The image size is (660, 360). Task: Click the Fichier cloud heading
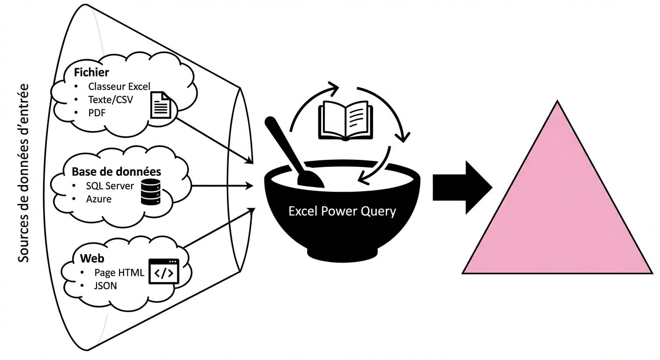(x=91, y=72)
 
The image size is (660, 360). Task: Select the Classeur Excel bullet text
(x=119, y=87)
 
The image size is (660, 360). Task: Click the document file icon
(x=160, y=105)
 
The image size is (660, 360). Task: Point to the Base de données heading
(x=116, y=171)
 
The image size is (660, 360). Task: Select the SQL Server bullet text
(x=110, y=186)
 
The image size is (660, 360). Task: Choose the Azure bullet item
(x=98, y=199)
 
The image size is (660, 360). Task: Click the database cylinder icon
(x=150, y=192)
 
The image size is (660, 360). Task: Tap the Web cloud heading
(x=92, y=258)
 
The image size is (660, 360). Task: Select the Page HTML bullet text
(x=119, y=273)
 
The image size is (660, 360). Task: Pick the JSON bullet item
(x=105, y=285)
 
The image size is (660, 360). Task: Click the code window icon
(x=164, y=271)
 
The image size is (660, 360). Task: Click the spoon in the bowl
(x=293, y=152)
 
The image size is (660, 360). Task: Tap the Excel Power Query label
(x=342, y=211)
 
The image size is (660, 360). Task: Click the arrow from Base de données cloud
(x=220, y=186)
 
